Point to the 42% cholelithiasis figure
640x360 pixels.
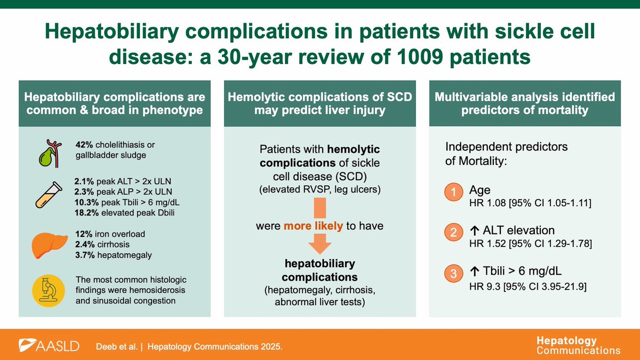click(x=84, y=146)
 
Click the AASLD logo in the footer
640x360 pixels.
click(x=49, y=346)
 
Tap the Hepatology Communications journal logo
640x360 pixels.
click(x=578, y=345)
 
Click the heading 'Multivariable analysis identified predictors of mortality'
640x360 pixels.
click(x=525, y=103)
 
